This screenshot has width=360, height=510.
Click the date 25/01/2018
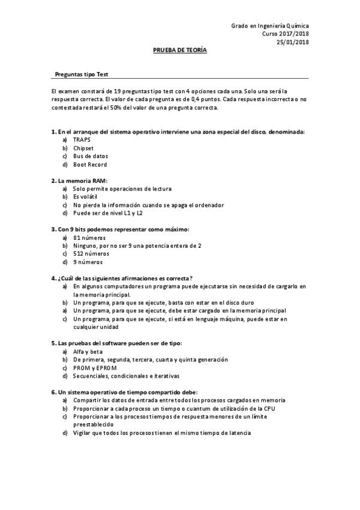pyautogui.click(x=293, y=42)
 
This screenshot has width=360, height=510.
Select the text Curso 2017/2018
pyautogui.click(x=285, y=34)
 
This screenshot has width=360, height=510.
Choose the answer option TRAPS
pyautogui.click(x=82, y=139)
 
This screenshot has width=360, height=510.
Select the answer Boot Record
pyautogui.click(x=90, y=164)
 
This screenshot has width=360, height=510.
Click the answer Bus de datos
pyautogui.click(x=90, y=156)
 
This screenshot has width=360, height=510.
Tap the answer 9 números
pyautogui.click(x=87, y=262)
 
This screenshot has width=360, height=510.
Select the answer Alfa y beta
pyautogui.click(x=88, y=351)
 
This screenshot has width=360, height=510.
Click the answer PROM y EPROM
pyautogui.click(x=94, y=367)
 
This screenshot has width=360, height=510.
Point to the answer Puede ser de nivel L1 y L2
pyautogui.click(x=108, y=213)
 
